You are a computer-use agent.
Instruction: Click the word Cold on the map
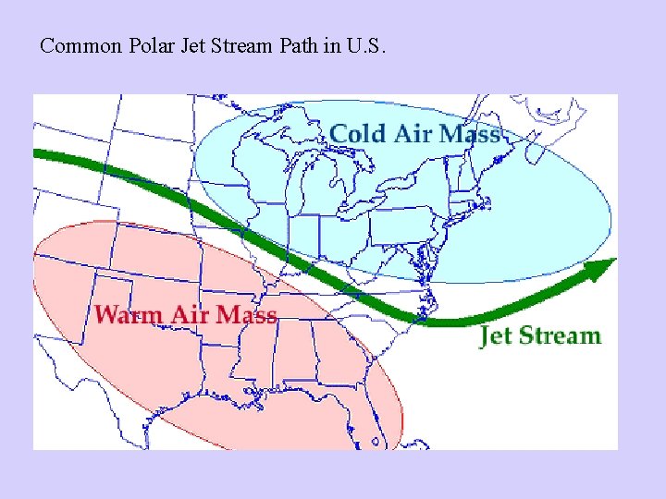[357, 134]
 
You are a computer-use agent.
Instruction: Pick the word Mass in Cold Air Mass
[469, 134]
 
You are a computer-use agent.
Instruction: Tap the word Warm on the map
[129, 315]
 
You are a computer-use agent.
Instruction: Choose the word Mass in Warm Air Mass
[246, 315]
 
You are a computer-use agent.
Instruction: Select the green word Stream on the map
[560, 335]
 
